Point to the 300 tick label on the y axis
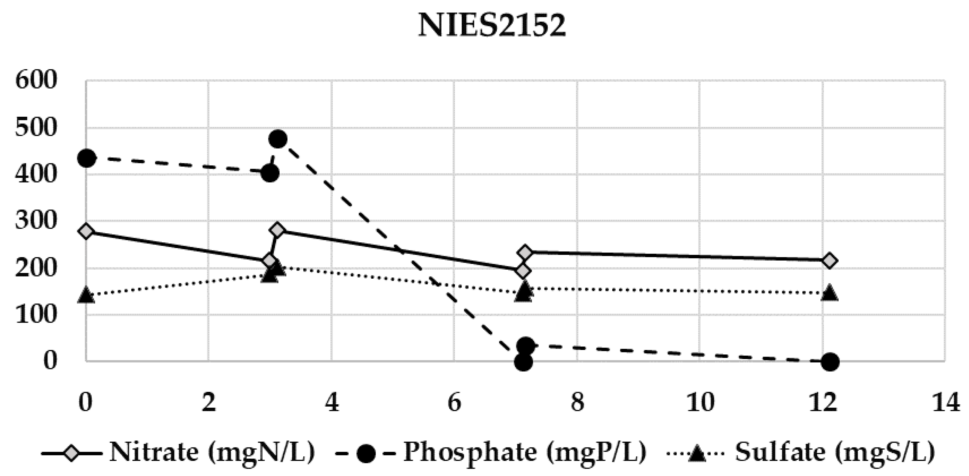(x=36, y=221)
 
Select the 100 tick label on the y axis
(x=36, y=314)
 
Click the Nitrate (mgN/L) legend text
(x=212, y=452)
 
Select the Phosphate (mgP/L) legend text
(x=525, y=452)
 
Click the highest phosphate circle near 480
(x=278, y=139)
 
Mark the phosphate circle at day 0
(x=87, y=158)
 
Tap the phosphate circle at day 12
(x=830, y=362)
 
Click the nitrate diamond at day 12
(x=830, y=261)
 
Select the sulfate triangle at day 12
(x=830, y=292)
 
